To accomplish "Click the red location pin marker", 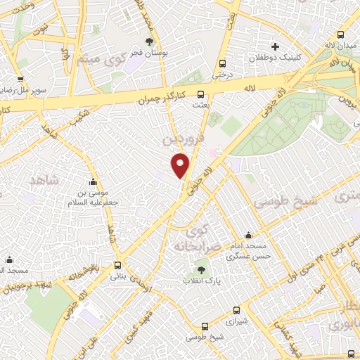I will click(181, 165).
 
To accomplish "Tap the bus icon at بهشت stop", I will click(201, 94).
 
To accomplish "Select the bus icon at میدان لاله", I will click(342, 34).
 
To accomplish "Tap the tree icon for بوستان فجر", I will click(148, 42).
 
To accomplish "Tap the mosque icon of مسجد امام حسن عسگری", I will click(247, 236).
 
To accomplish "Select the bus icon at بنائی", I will click(117, 266).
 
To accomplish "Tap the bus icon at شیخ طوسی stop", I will click(204, 327).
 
